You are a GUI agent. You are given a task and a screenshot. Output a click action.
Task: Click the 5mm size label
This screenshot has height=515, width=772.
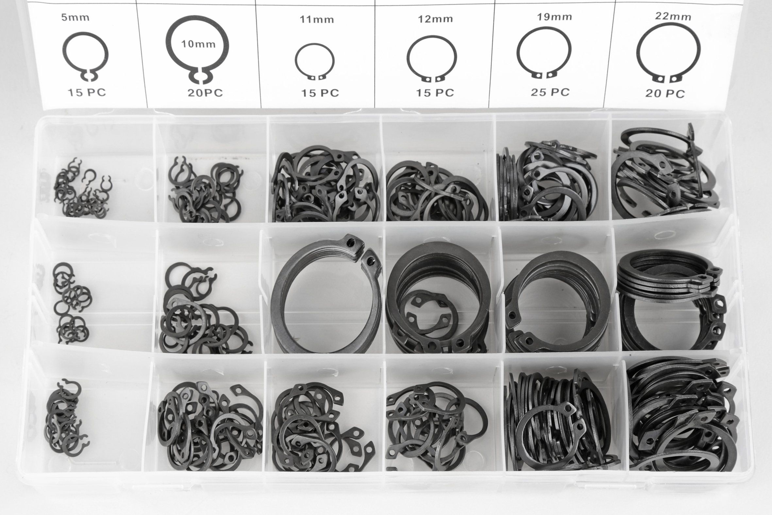(x=75, y=17)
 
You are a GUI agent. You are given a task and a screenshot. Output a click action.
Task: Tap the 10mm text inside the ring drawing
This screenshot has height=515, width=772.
(x=198, y=44)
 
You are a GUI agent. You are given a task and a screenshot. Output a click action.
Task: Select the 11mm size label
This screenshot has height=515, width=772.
(x=317, y=19)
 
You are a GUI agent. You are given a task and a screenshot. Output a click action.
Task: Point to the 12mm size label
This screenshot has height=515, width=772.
(x=435, y=19)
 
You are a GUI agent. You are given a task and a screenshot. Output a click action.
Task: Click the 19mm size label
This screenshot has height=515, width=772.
(x=554, y=17)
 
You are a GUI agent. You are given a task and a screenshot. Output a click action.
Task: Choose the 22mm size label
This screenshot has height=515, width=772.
(x=673, y=16)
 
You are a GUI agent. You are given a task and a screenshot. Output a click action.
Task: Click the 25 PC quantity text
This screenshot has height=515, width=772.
(x=550, y=92)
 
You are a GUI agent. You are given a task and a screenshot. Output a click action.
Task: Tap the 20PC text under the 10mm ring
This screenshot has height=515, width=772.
(x=205, y=93)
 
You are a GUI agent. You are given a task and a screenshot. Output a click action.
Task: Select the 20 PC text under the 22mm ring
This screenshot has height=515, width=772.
(x=665, y=94)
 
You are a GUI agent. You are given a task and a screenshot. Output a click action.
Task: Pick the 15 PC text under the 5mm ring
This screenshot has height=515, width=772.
(x=87, y=92)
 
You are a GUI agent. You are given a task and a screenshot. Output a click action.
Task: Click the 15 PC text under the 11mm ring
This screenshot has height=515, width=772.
(x=320, y=93)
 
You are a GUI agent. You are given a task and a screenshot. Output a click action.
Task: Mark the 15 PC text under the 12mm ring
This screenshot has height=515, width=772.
(x=435, y=93)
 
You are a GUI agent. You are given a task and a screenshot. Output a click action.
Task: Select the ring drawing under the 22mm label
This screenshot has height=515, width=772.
(x=637, y=53)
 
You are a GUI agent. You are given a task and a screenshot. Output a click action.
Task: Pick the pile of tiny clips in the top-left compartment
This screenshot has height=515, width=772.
(x=82, y=189)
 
